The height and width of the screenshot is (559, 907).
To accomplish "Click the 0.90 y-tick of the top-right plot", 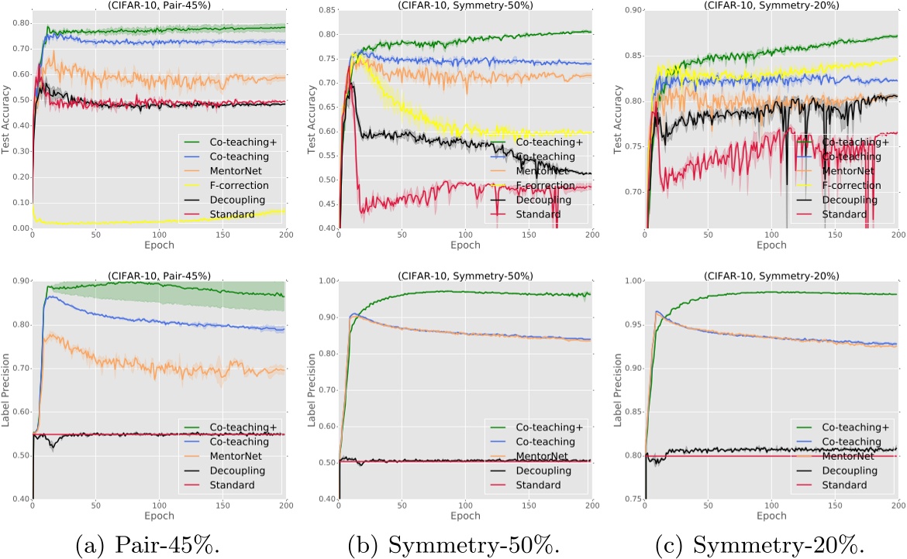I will coord(629,11).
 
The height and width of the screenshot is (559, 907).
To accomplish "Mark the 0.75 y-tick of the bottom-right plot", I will coord(629,499).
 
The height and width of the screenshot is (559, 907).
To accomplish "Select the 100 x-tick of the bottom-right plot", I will coord(771,506).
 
